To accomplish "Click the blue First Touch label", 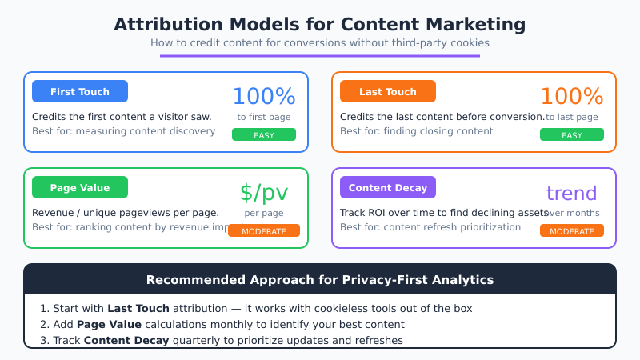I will (80, 91).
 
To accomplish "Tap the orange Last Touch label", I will (388, 91).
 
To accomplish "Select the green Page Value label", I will (80, 187).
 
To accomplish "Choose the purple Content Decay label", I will (388, 187).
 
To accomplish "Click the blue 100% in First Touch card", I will (264, 97).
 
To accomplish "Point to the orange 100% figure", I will (572, 97).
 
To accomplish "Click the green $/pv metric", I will (264, 193).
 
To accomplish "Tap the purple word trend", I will (572, 193).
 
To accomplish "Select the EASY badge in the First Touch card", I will (264, 135).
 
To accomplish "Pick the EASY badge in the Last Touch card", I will (572, 135).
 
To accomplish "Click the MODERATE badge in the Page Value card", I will (264, 231).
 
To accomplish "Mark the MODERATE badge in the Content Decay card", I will (572, 231).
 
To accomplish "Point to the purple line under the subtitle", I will (320, 55).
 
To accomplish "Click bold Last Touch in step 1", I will (138, 308).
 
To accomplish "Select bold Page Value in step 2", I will (110, 324).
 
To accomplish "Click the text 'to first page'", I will (264, 117).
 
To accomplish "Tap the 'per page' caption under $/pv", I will (264, 213).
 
